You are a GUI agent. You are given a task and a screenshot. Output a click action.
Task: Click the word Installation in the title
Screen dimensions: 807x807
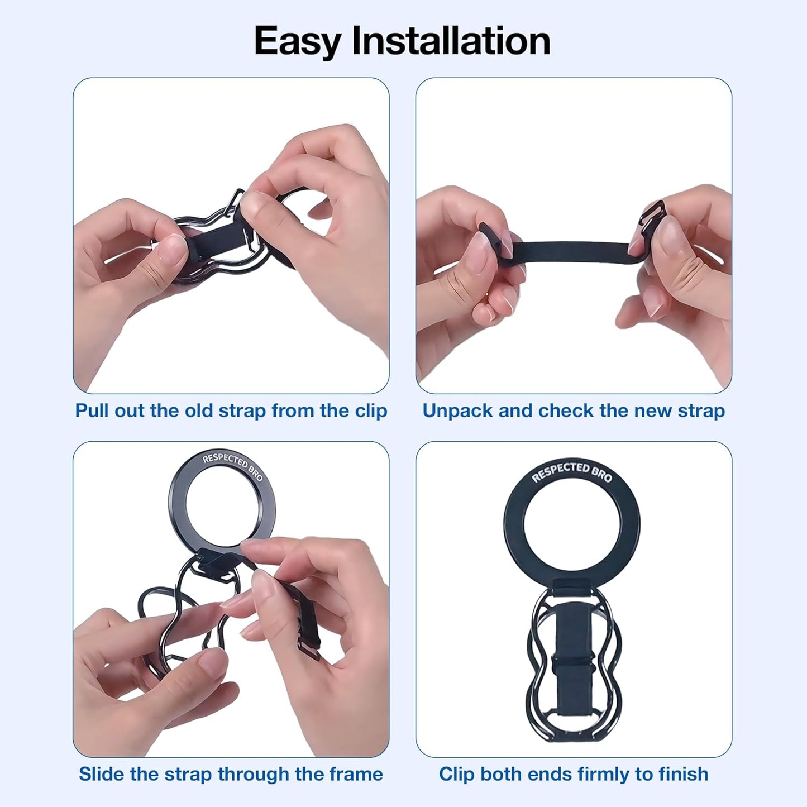[x=451, y=41]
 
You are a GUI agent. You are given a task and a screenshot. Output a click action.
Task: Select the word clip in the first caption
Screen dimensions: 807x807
[x=371, y=410]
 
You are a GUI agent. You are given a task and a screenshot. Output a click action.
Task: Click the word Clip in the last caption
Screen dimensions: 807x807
[x=456, y=774]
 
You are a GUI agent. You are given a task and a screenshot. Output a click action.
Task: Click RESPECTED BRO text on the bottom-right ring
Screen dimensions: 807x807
[x=572, y=471]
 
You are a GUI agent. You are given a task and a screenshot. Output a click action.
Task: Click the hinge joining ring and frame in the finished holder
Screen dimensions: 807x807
[x=572, y=587]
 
